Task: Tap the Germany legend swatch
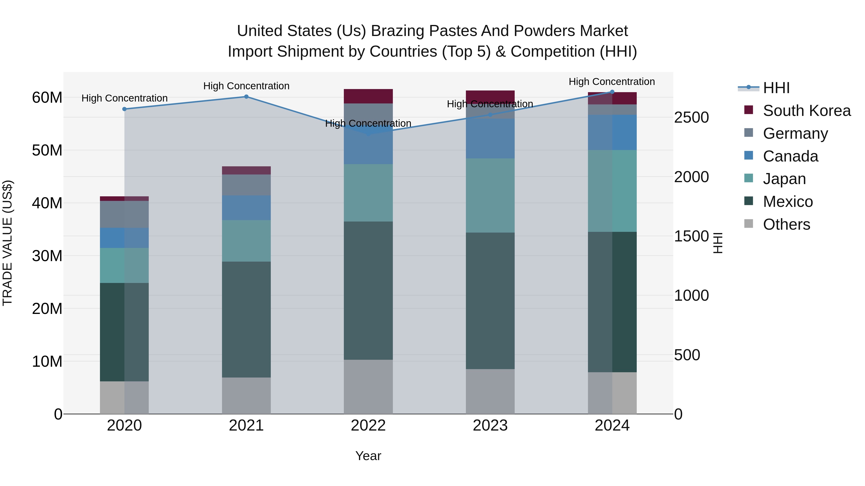748,133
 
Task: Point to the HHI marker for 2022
368,133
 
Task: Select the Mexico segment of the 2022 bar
368,290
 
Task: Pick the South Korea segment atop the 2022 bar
368,96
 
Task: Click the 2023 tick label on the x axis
490,426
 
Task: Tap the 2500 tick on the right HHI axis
691,118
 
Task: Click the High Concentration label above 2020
124,98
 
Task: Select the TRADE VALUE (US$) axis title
7,243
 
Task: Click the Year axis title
368,456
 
